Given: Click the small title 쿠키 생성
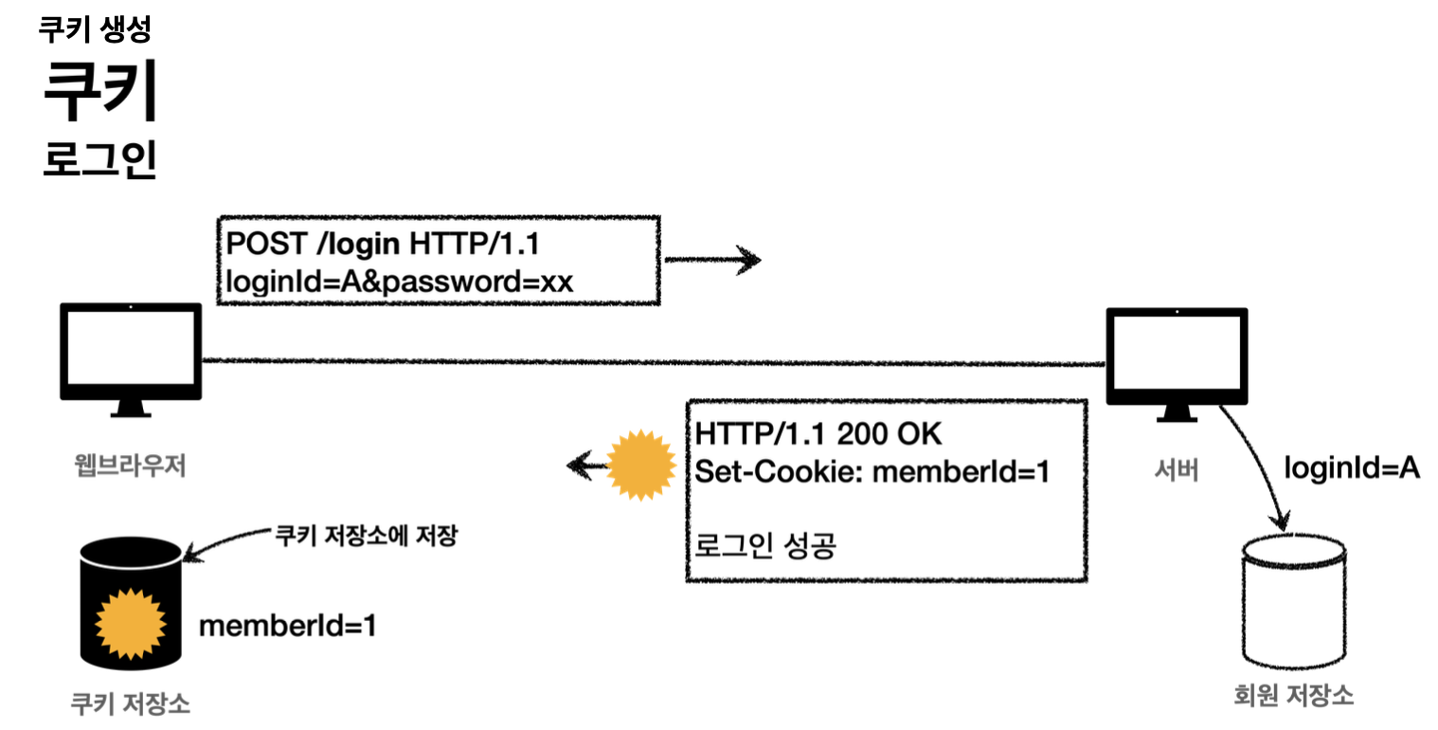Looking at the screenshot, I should click(94, 29).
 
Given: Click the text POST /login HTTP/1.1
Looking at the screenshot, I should click(382, 244).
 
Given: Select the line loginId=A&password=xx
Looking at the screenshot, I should click(400, 282).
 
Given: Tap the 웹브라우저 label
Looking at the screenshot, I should click(130, 465).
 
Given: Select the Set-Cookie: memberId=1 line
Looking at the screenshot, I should click(872, 471).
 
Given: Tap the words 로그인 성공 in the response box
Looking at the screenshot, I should click(765, 546).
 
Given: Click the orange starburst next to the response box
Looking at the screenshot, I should click(639, 465).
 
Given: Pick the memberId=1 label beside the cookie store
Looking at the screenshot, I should click(287, 626).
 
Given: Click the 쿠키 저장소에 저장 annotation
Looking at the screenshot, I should click(366, 536).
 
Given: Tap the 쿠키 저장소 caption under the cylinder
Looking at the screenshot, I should click(130, 703).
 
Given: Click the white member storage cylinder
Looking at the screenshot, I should click(1293, 602).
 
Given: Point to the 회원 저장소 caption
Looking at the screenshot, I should click(1293, 697).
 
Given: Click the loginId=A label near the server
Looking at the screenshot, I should click(1352, 466).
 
